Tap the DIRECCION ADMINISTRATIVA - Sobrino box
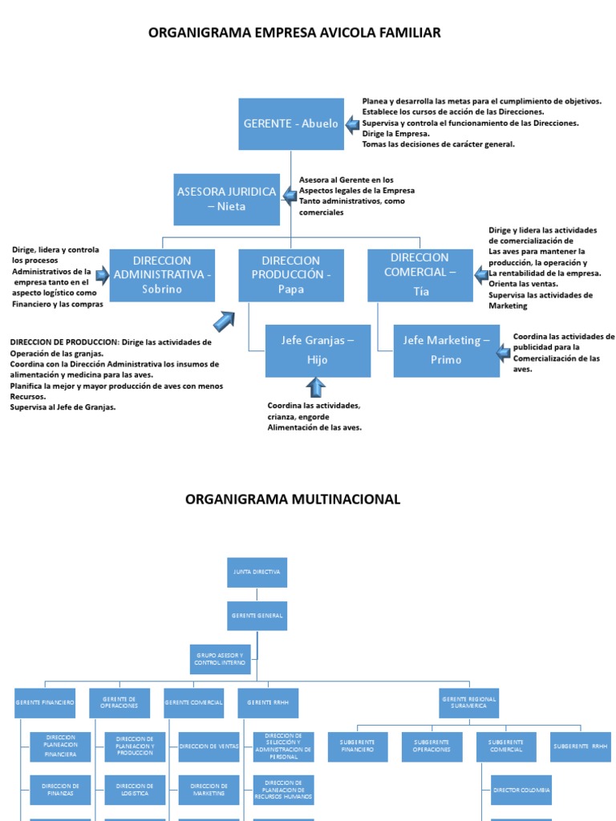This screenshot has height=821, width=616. click(x=162, y=275)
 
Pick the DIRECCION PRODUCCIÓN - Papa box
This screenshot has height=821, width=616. click(x=291, y=275)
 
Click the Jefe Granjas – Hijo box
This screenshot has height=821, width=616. click(x=318, y=350)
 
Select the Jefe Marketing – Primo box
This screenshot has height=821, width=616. click(x=446, y=350)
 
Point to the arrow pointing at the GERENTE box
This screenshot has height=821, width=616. click(x=353, y=123)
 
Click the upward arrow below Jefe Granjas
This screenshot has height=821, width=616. click(x=316, y=388)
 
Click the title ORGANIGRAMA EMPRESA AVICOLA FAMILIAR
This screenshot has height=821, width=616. click(x=294, y=33)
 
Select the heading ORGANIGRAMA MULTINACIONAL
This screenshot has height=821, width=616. click(x=292, y=499)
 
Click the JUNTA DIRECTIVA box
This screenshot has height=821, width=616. click(x=257, y=572)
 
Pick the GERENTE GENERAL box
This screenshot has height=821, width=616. click(x=257, y=616)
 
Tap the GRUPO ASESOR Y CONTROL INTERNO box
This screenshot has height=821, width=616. click(x=221, y=659)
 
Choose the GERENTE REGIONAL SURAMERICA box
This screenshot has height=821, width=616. click(x=469, y=703)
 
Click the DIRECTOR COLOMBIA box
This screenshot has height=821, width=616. click(x=521, y=790)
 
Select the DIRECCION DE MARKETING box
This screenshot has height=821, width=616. click(x=209, y=790)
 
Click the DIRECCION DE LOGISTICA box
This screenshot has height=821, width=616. click(x=135, y=790)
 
